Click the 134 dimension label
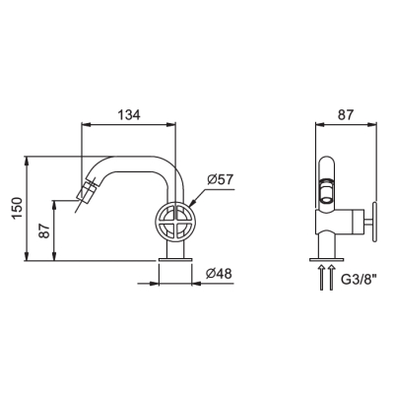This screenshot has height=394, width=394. click(x=129, y=115)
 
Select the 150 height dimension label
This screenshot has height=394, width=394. click(x=17, y=208)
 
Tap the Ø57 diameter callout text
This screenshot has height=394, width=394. click(x=220, y=179)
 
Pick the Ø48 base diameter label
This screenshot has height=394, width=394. click(x=219, y=274)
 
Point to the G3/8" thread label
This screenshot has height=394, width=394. click(x=359, y=280)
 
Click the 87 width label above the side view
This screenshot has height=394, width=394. click(x=346, y=115)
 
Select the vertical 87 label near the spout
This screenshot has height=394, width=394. click(x=44, y=230)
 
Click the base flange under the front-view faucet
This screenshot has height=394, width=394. click(x=174, y=260)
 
